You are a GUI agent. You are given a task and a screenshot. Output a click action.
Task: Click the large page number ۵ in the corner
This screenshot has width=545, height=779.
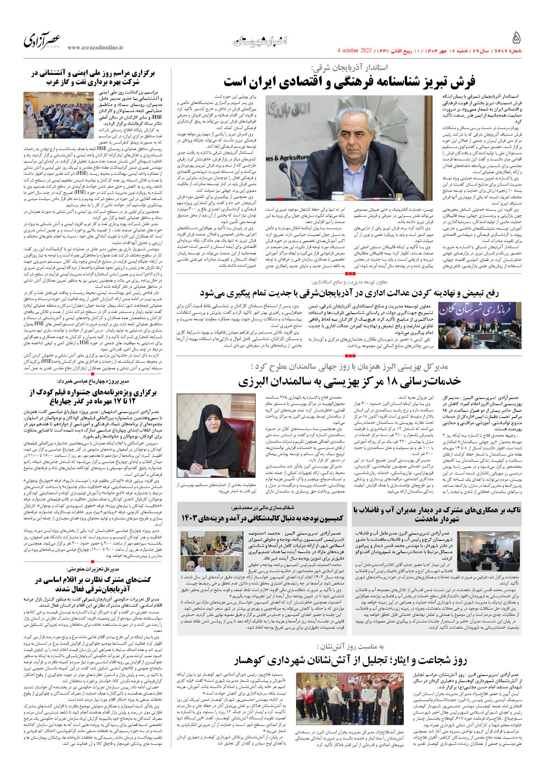point(516,38)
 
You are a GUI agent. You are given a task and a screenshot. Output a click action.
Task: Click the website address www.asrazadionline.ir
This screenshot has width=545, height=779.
point(96,48)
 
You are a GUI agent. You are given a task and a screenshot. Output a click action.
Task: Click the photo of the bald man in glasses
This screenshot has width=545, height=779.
point(349,148)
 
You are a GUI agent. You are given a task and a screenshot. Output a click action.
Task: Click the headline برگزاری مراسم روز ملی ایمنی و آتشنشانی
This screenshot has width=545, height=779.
point(94,77)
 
